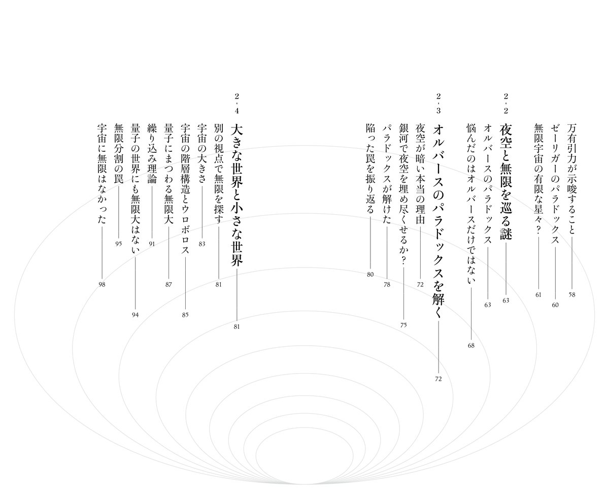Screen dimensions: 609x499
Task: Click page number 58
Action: click(572, 295)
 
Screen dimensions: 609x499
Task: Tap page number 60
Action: click(555, 305)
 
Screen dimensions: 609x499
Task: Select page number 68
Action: click(471, 345)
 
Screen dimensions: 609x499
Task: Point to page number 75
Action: click(403, 325)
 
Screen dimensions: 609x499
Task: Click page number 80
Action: click(370, 275)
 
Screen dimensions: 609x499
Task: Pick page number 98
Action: click(102, 285)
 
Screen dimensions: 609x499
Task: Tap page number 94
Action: click(136, 315)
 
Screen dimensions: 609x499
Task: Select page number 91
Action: click(152, 244)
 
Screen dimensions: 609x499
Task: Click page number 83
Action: click(202, 244)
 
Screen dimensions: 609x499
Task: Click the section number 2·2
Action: click(505, 104)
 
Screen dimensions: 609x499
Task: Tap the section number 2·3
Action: click(438, 104)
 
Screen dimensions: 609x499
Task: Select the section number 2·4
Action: click(237, 104)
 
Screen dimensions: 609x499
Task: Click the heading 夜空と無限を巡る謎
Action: click(506, 182)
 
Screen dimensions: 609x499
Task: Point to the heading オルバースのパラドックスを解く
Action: click(438, 221)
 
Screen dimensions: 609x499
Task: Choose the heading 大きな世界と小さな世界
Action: click(237, 195)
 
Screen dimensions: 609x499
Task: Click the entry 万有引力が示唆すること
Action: click(572, 179)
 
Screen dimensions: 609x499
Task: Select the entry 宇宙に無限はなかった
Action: click(102, 174)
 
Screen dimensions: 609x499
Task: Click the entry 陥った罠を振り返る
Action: click(370, 169)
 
